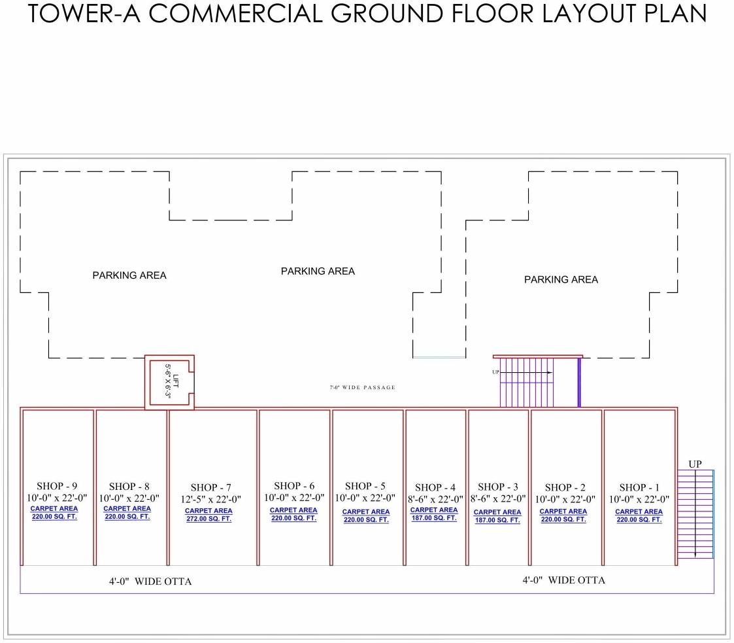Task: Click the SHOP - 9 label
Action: click(57, 486)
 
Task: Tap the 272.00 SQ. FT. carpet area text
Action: click(209, 519)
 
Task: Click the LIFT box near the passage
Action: click(170, 382)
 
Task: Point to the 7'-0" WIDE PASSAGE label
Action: click(362, 388)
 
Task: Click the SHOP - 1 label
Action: click(639, 487)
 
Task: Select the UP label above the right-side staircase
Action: click(695, 464)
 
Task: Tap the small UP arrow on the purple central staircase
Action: click(496, 372)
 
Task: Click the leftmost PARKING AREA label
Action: click(129, 275)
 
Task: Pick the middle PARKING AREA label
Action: click(318, 271)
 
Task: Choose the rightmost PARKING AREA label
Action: click(561, 279)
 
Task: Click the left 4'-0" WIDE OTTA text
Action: click(150, 582)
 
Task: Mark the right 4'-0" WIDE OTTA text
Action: click(563, 580)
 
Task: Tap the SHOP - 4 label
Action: click(435, 487)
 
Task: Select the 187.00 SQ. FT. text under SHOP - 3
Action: click(497, 521)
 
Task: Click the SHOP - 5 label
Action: click(365, 486)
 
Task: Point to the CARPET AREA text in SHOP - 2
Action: click(563, 512)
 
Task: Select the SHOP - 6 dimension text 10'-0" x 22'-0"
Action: click(293, 498)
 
